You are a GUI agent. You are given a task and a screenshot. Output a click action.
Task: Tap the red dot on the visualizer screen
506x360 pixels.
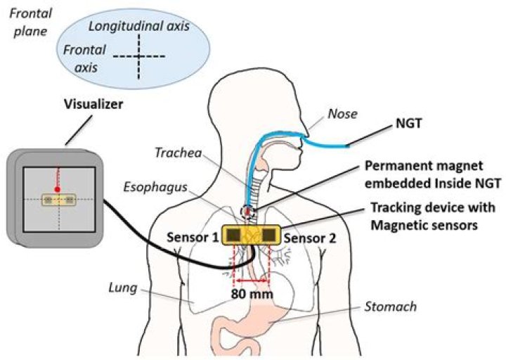[58, 190]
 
